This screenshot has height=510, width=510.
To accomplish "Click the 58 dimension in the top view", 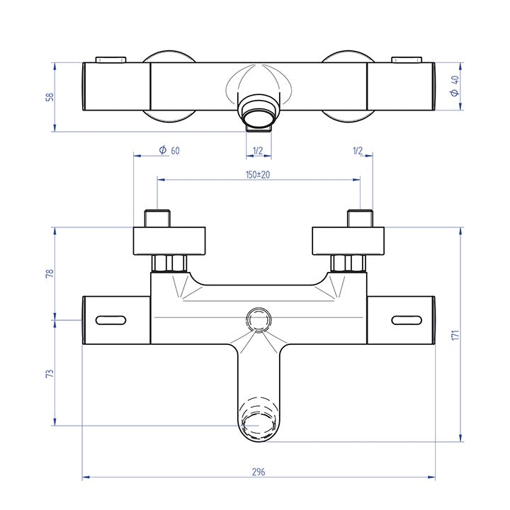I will tap(49, 96).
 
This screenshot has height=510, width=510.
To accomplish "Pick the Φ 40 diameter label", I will tap(454, 85).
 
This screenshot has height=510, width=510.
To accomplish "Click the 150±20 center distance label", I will tap(258, 175).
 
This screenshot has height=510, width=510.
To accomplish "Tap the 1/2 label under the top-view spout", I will tap(258, 150).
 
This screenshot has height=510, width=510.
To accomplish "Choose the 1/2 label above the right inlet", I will tap(357, 150).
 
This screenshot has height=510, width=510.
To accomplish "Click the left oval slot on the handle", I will tap(108, 319).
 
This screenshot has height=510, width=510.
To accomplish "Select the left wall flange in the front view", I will tap(170, 241).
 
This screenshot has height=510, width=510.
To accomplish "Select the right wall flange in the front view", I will tap(350, 241).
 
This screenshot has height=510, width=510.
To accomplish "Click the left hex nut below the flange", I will tap(170, 263).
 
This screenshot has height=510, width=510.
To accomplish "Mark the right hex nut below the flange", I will tap(349, 263).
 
